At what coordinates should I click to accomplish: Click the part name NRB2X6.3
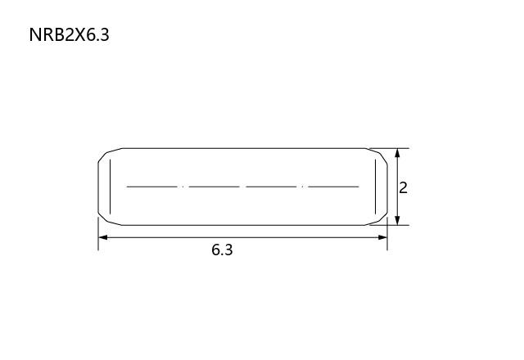[69, 34]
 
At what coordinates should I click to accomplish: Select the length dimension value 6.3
[222, 250]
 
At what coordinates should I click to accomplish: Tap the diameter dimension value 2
[404, 188]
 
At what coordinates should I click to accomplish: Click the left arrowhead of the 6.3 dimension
[103, 237]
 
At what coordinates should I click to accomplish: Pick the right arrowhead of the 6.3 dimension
[382, 237]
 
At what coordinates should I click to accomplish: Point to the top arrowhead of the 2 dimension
[397, 153]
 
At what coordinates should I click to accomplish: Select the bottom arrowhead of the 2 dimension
[397, 220]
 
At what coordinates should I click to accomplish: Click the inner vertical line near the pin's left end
[110, 187]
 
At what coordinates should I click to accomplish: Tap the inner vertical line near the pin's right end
[375, 187]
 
